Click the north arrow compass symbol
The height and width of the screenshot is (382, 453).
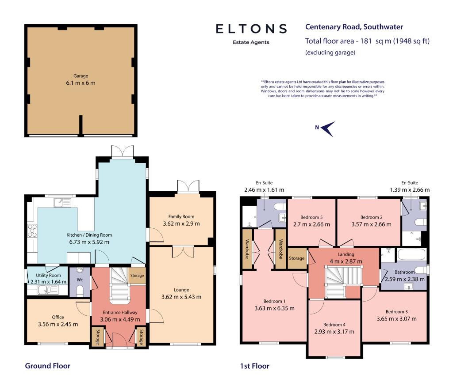coord(329,129)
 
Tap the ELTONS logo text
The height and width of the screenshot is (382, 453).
coord(251,29)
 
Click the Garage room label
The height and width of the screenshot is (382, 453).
coord(81,76)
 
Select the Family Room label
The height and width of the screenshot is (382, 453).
coord(181,216)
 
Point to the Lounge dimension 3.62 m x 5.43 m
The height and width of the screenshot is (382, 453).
coord(181,297)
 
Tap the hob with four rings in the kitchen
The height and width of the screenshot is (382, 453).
coord(32,231)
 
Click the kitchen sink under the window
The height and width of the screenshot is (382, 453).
coord(62,203)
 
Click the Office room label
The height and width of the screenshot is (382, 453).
coord(58,317)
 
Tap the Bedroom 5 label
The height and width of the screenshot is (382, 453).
coord(311,217)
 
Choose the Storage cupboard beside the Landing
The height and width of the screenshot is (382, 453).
coord(297,258)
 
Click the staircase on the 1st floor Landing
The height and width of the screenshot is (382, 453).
coord(343,282)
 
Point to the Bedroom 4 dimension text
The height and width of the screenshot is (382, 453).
coord(334,332)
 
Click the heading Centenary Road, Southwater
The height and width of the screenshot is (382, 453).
coord(354,27)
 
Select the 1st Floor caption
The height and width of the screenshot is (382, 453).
coord(254,366)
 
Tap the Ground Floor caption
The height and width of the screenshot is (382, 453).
coord(48,366)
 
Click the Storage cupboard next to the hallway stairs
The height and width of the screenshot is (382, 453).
coord(137,276)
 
